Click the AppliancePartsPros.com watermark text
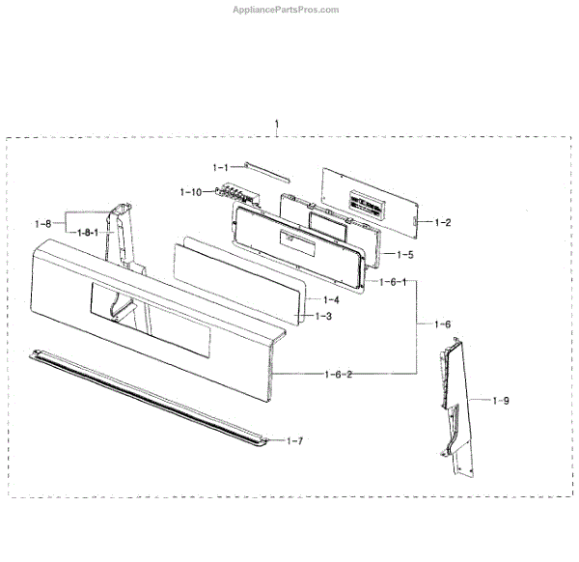[287, 10]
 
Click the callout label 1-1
[222, 168]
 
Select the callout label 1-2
[442, 222]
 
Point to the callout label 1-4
[330, 299]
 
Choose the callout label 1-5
[404, 255]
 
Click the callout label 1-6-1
[392, 281]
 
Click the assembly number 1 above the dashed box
[278, 125]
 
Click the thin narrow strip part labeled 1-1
[265, 171]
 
